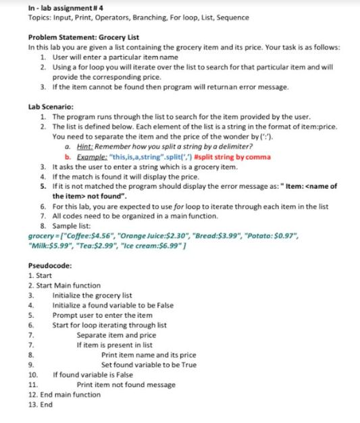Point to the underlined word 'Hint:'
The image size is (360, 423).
[87, 147]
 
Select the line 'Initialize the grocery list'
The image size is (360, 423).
[92, 295]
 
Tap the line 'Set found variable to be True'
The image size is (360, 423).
[149, 364]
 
